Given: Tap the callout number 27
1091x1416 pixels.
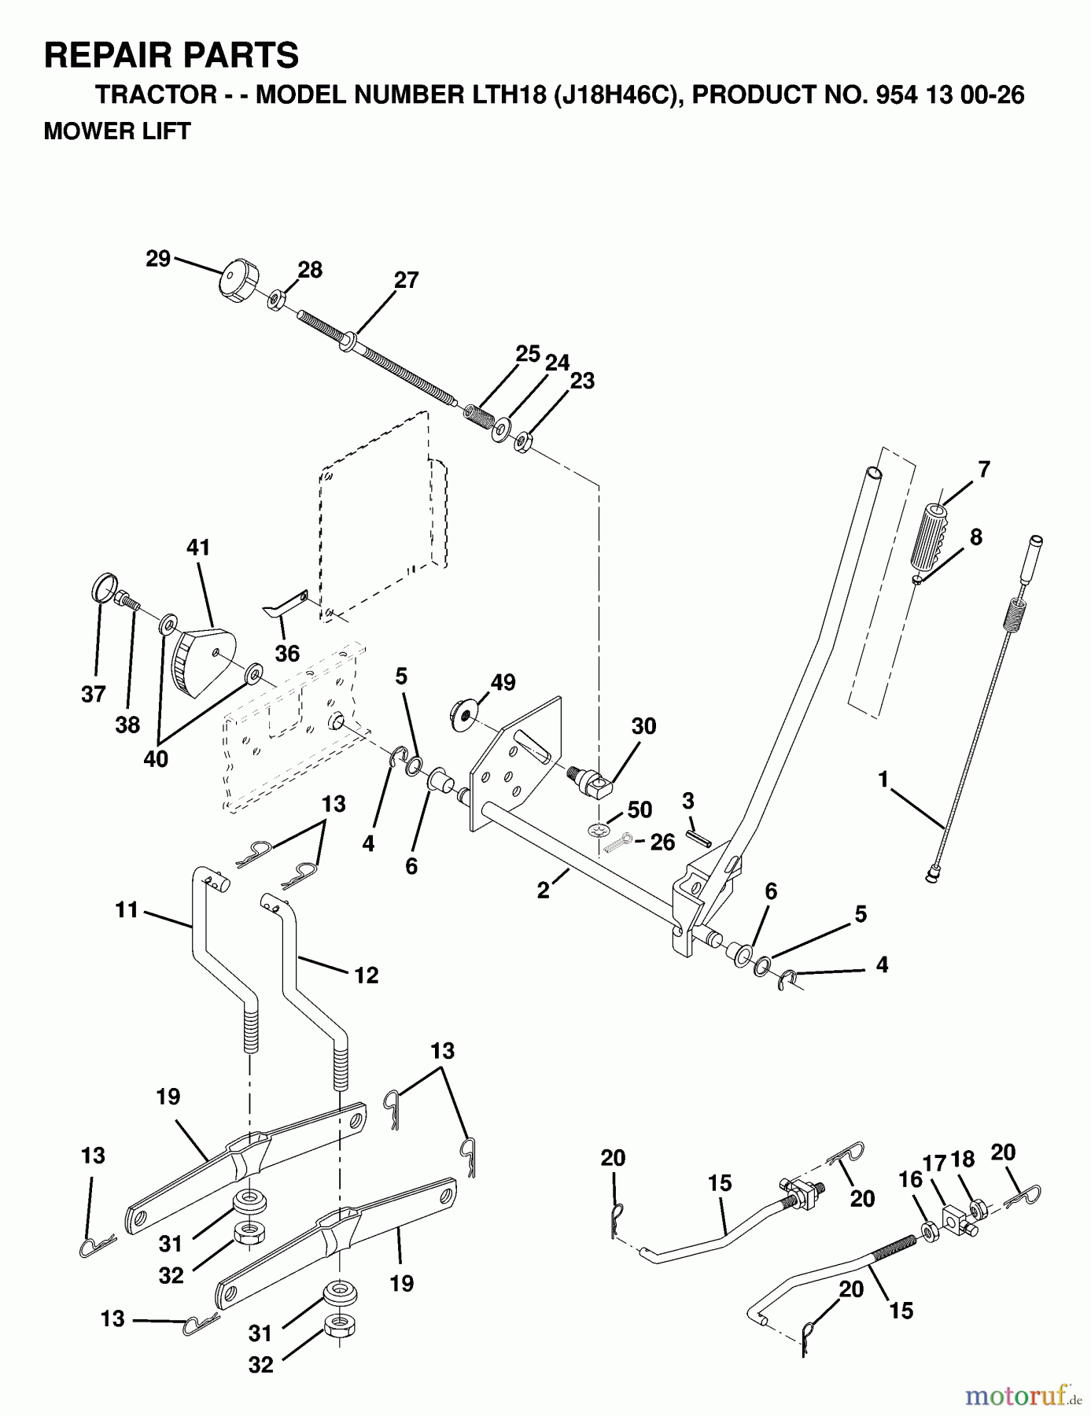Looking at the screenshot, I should tap(406, 281).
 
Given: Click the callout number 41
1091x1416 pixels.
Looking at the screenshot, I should tap(198, 548).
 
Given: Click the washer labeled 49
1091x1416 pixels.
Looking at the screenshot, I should tap(463, 712).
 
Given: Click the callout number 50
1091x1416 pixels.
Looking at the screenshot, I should tap(639, 810).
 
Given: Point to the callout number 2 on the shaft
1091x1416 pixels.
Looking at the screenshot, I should tap(543, 891).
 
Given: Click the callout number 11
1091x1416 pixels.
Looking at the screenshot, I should tap(126, 910).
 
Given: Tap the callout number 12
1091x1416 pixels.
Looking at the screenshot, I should tap(366, 975).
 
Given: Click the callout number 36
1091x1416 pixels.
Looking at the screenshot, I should tap(287, 654).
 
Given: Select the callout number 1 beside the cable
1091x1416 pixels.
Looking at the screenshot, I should tap(883, 780).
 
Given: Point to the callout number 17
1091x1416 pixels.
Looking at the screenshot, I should tap(934, 1163).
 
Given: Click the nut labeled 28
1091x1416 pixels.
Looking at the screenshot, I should tap(277, 299).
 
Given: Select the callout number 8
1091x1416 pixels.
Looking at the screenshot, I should tap(975, 537).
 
